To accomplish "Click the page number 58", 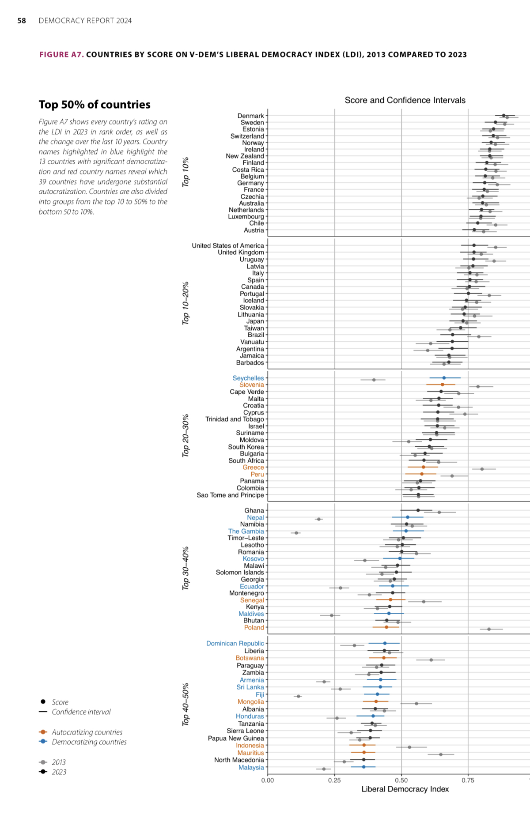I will pos(22,21).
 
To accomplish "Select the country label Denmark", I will pos(250,116).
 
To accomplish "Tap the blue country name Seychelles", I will pos(248,378).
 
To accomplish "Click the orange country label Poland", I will pos(254,627).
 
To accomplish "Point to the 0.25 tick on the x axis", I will pos(334,780).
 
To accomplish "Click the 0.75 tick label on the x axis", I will pos(468,780).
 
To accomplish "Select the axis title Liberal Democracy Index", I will pos(405,789).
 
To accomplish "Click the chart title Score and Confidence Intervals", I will pos(405,100).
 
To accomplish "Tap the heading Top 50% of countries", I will pos(95,105).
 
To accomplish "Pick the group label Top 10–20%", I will pos(186,303).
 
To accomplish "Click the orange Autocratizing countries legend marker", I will pos(43,732).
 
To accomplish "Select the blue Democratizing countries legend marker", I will pos(43,742).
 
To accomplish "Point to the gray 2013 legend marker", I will pos(43,762).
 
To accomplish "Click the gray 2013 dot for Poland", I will pos(489,629).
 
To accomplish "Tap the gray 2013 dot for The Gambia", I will pos(296,533).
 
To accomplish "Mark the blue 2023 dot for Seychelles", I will pos(444,378).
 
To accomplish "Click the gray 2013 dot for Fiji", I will pos(299,696).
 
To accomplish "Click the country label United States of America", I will pos(228,245).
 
